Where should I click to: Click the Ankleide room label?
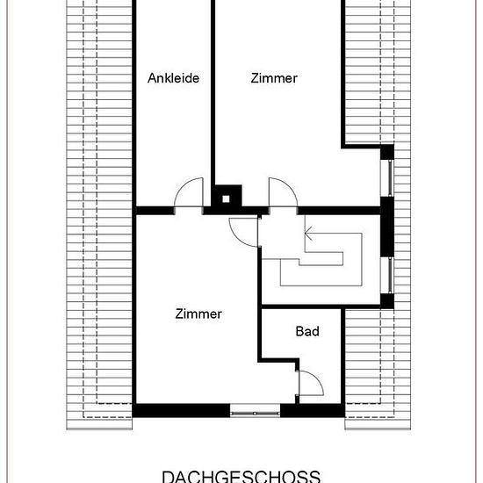pyautogui.click(x=173, y=78)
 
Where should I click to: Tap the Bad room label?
pyautogui.click(x=307, y=331)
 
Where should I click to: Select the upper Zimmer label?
pyautogui.click(x=274, y=78)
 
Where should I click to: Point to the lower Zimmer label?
pyautogui.click(x=198, y=314)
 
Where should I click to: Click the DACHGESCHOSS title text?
pyautogui.click(x=241, y=476)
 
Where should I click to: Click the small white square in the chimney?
pyautogui.click(x=226, y=199)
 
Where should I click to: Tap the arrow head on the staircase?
pyautogui.click(x=308, y=234)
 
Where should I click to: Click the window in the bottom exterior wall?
pyautogui.click(x=255, y=411)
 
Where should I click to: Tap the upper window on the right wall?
pyautogui.click(x=388, y=178)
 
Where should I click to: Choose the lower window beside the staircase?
pyautogui.click(x=388, y=276)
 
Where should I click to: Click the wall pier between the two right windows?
pyautogui.click(x=387, y=227)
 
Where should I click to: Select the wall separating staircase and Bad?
pyautogui.click(x=321, y=306)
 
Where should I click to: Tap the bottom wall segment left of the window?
pyautogui.click(x=182, y=411)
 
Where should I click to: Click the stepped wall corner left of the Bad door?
pyautogui.click(x=279, y=360)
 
